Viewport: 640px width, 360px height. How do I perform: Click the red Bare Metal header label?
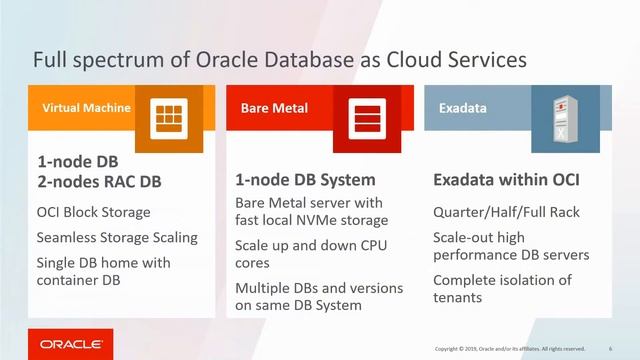274,107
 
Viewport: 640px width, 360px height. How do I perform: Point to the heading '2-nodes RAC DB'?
99,182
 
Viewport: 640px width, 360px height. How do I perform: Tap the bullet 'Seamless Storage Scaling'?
117,238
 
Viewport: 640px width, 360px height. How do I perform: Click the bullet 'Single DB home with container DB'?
103,271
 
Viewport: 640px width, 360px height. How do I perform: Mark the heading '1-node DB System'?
305,181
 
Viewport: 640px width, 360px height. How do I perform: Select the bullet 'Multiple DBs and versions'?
318,288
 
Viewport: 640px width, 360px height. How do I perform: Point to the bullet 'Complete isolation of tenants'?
502,289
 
